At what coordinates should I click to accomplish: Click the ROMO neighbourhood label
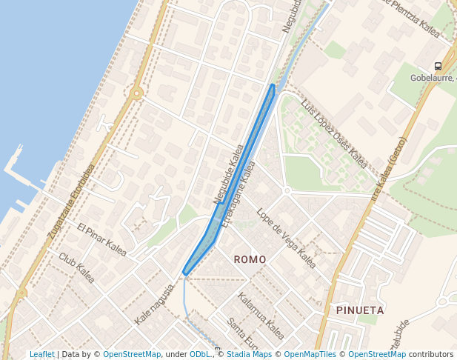(250, 259)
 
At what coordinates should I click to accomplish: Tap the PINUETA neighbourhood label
(359, 310)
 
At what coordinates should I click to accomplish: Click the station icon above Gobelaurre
(438, 66)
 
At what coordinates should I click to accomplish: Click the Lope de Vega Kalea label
(286, 238)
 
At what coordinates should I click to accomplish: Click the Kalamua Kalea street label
(261, 316)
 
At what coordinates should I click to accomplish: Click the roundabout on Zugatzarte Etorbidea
(136, 93)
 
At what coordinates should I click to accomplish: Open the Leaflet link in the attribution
(41, 355)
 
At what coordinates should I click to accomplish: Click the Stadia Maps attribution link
(249, 355)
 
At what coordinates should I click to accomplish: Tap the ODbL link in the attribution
(199, 355)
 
